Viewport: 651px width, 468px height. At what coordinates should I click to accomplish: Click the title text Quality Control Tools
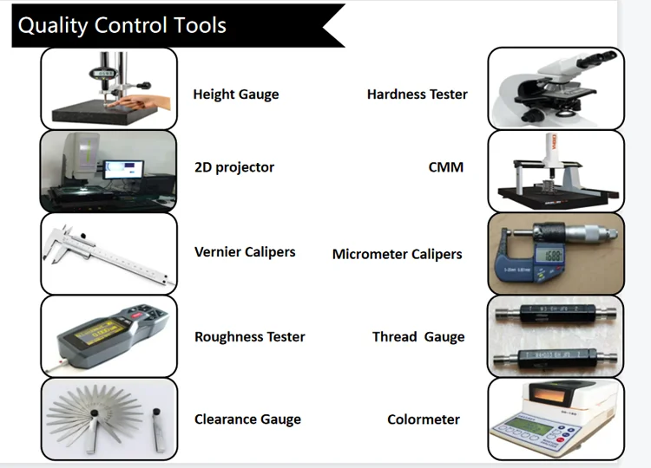[122, 25]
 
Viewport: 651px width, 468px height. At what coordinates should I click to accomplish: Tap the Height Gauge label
[236, 94]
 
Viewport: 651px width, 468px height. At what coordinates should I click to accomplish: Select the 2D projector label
[234, 167]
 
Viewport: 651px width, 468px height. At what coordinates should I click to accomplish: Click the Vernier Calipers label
[245, 252]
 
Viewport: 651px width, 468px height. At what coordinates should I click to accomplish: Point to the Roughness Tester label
[250, 337]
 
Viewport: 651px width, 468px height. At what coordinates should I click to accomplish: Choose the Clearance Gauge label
[247, 419]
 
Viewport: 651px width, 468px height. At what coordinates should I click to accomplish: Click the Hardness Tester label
[418, 94]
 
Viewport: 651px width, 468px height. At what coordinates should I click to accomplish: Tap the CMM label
[446, 167]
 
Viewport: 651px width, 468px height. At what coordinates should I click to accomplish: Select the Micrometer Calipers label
[398, 255]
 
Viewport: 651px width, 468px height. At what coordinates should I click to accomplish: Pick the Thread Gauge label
[418, 337]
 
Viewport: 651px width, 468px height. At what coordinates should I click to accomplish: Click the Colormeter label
[424, 419]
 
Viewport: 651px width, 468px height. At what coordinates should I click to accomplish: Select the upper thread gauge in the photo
[556, 311]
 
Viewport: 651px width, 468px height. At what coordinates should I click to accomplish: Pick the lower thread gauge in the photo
[556, 356]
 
